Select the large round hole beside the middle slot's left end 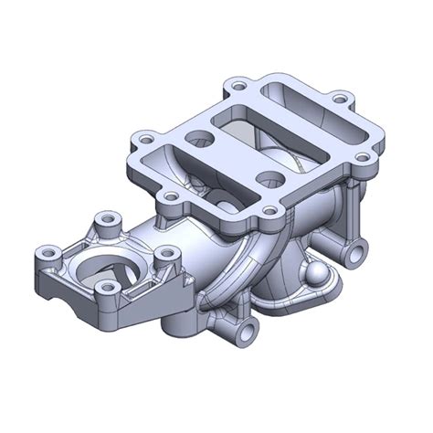coord(198,138)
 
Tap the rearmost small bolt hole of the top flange coord(238,87)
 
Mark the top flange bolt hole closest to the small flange coord(170,195)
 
